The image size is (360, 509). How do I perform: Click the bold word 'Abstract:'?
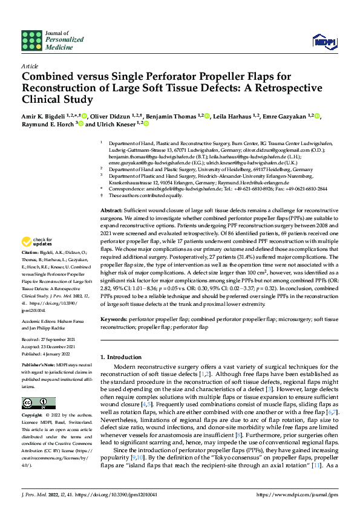(113, 209)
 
